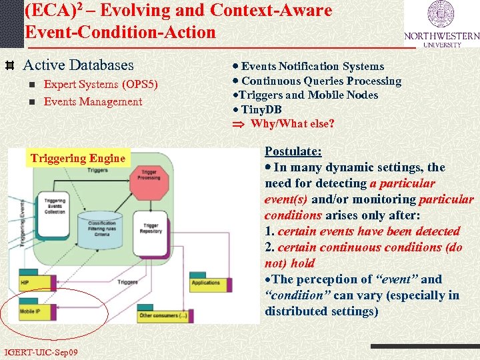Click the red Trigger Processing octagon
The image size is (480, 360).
[x=150, y=175]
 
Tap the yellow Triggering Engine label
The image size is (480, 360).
[x=77, y=158]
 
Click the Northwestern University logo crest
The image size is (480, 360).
[x=441, y=15]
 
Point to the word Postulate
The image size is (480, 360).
[x=293, y=151]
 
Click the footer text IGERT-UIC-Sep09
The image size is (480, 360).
[x=41, y=352]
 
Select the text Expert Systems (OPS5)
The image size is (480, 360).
[x=101, y=85]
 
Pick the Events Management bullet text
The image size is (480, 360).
[x=93, y=102]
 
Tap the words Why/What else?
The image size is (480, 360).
[x=292, y=124]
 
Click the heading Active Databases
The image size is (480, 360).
[x=78, y=65]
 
